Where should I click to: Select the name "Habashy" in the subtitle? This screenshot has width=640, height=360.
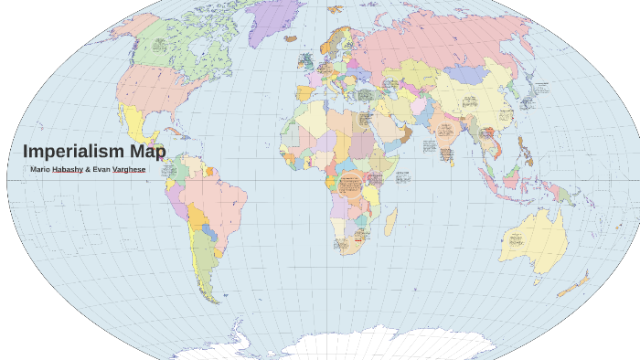[x=67, y=170]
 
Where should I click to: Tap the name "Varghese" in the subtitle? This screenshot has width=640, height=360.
[x=128, y=170]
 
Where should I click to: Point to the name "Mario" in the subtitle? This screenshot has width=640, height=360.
[x=39, y=170]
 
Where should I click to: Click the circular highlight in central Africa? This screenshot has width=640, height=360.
[x=351, y=185]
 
